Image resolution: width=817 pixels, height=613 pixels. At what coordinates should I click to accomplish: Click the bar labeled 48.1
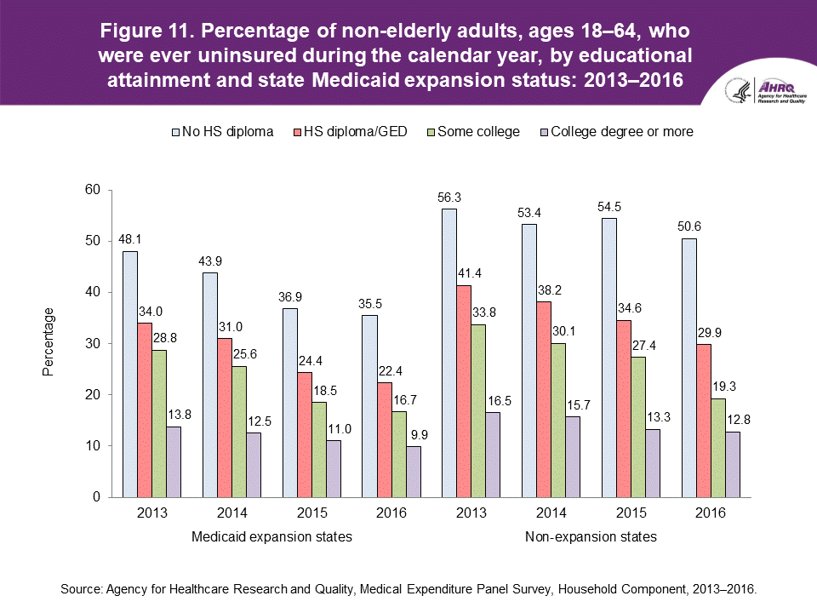click(x=130, y=374)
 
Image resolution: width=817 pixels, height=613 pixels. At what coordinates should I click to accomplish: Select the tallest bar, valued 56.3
click(x=449, y=352)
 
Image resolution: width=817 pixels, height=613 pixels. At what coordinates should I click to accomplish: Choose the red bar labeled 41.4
click(x=464, y=391)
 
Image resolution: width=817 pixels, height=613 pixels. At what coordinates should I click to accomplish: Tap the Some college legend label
click(x=477, y=131)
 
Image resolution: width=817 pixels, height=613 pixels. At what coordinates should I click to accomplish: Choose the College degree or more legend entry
click(x=621, y=131)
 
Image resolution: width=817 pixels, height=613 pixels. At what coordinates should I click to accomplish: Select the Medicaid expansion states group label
click(x=271, y=537)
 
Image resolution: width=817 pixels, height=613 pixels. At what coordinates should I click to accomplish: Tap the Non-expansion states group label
click(x=591, y=537)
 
